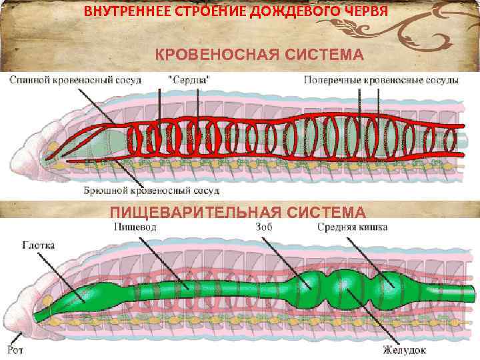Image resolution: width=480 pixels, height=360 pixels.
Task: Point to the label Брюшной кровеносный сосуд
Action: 151,191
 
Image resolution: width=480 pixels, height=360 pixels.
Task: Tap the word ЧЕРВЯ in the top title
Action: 362,12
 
